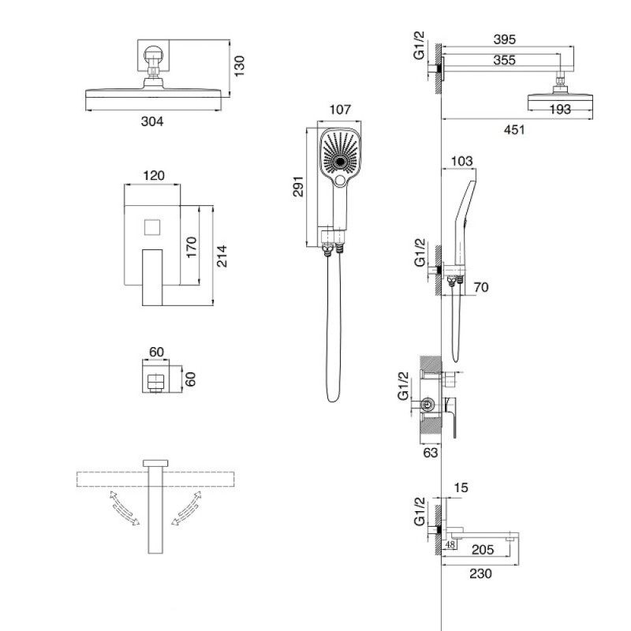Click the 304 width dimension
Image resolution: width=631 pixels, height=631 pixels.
click(x=152, y=121)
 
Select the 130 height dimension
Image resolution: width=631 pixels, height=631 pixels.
click(x=239, y=66)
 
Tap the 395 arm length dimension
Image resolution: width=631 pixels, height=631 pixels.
click(x=505, y=39)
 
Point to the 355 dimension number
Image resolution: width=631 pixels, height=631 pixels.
click(x=505, y=60)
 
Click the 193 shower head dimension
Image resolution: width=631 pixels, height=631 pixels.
click(x=560, y=109)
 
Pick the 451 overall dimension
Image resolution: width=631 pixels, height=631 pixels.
click(x=514, y=129)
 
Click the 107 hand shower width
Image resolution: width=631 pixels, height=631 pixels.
click(x=340, y=110)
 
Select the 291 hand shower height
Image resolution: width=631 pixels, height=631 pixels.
click(x=298, y=186)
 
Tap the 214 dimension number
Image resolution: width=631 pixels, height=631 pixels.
click(x=222, y=256)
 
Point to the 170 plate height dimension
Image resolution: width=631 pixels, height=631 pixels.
click(x=192, y=247)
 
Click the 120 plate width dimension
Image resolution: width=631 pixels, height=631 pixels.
click(x=154, y=175)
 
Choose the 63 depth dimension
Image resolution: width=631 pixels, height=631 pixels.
click(x=430, y=452)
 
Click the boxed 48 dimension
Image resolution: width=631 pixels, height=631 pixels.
click(x=450, y=545)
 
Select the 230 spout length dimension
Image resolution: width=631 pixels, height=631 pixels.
click(x=480, y=573)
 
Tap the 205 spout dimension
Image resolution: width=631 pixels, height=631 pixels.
click(x=482, y=549)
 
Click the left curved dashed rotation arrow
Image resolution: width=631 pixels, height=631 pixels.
click(x=124, y=508)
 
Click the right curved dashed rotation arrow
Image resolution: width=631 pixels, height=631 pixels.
click(x=186, y=508)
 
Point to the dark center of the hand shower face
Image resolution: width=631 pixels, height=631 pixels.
click(x=341, y=162)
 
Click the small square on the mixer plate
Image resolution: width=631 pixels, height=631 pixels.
click(x=152, y=227)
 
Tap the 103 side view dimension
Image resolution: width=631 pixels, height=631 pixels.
click(x=461, y=161)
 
